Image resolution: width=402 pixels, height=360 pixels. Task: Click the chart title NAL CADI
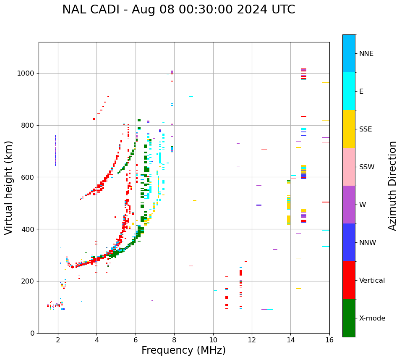coord(178,10)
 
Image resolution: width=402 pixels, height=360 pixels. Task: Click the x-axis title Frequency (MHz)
coord(183,350)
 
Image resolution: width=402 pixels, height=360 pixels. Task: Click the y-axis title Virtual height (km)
coord(9,187)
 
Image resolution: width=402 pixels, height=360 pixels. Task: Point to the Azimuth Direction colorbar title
coord(392,186)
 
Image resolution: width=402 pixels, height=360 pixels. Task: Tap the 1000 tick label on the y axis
coord(26,74)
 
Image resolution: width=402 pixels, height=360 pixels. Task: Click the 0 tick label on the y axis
coord(32,333)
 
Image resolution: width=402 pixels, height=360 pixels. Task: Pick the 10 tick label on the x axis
coord(213,339)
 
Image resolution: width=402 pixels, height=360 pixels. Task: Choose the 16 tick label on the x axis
coord(329,339)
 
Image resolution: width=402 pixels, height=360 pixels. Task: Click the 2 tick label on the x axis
coord(58,339)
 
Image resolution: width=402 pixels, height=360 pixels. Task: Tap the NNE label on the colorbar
coord(366,54)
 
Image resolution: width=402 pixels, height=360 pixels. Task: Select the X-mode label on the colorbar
coord(372,318)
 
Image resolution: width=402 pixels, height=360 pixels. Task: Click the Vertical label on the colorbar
coord(372,281)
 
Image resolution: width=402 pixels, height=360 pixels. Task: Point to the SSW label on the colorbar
coord(367,167)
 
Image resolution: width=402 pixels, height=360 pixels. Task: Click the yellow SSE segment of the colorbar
coord(349,129)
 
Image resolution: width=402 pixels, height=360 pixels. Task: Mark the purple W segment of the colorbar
coord(349,205)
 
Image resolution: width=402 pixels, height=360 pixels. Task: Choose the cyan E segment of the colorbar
coord(349,91)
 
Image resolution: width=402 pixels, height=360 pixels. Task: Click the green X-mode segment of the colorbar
coord(349,318)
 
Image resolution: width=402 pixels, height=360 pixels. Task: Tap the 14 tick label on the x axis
coord(291,339)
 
